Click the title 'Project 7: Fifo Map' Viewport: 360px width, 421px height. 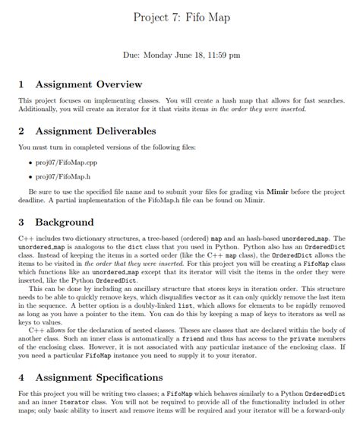click(180, 17)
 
